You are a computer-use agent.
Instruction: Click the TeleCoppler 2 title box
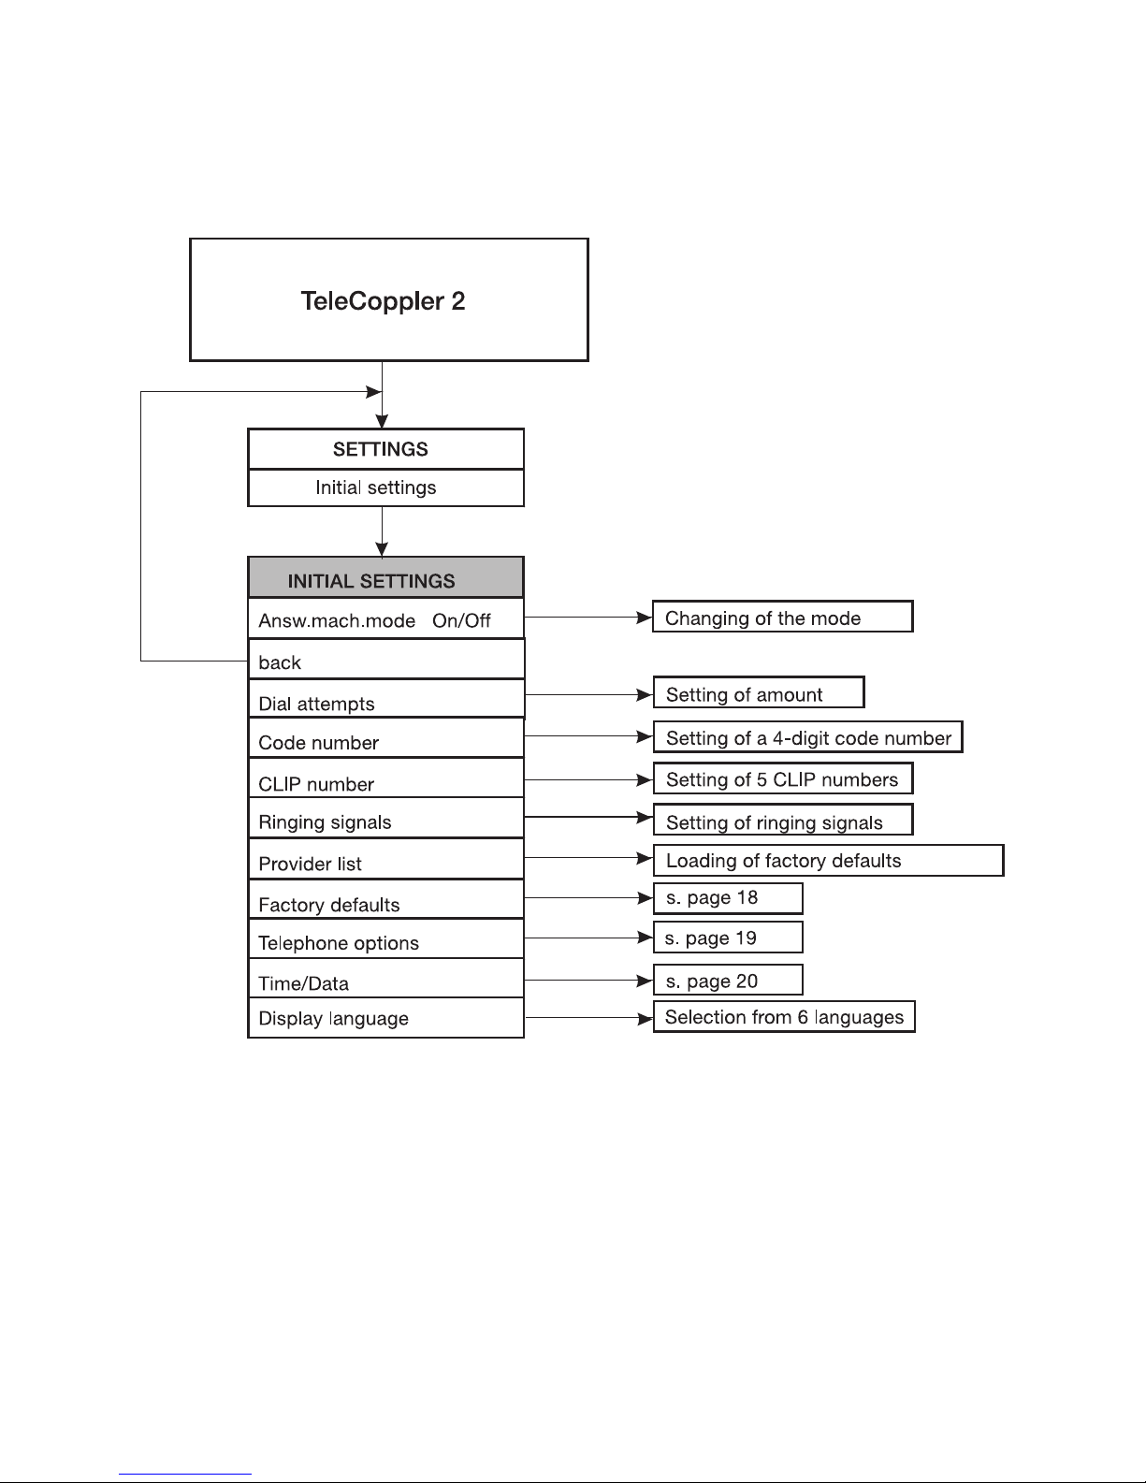pos(389,299)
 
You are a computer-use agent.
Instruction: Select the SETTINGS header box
pos(386,449)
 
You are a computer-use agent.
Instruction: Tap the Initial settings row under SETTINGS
pos(386,488)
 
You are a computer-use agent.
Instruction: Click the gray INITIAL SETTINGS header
pos(386,578)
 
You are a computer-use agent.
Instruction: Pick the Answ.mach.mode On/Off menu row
pos(386,619)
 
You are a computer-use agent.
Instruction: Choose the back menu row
pos(386,660)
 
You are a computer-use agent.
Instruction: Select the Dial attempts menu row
pos(386,698)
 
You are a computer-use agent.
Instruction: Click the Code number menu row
pos(386,737)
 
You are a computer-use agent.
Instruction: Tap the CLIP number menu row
pos(386,778)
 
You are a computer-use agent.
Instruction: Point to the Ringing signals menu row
pos(386,818)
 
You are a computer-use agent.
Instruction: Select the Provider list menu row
pos(386,859)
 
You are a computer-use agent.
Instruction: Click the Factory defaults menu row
pos(386,899)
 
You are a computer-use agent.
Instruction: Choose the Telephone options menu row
pos(386,938)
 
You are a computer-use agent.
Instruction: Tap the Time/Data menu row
pos(386,978)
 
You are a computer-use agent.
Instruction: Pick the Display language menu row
pos(386,1018)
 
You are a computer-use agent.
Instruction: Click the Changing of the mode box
pos(782,617)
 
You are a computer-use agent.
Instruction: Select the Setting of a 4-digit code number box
pos(807,737)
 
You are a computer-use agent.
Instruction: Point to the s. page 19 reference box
pos(728,937)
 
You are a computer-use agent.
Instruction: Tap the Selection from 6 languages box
pos(784,1017)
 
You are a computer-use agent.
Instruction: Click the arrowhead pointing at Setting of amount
pos(645,695)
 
